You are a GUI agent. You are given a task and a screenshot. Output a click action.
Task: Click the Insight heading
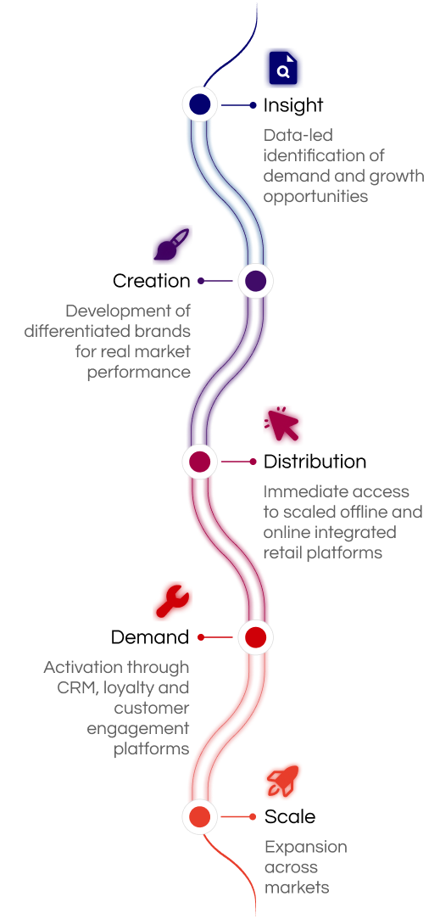pyautogui.click(x=293, y=105)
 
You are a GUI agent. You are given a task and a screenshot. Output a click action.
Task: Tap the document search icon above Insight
pyautogui.click(x=283, y=68)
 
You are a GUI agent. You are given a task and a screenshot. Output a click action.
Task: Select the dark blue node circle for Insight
pyautogui.click(x=200, y=105)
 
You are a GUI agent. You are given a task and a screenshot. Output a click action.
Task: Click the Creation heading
pyautogui.click(x=151, y=281)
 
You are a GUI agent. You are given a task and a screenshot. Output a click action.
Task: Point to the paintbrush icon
pyautogui.click(x=171, y=244)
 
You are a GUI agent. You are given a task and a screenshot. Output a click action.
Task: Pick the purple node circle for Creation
pyautogui.click(x=255, y=282)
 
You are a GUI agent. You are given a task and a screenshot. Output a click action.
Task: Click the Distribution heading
pyautogui.click(x=315, y=462)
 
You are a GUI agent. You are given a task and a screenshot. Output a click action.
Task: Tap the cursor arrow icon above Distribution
pyautogui.click(x=281, y=424)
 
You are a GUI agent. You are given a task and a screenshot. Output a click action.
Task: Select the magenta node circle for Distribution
pyautogui.click(x=200, y=462)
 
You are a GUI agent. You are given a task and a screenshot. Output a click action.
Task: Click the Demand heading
pyautogui.click(x=150, y=637)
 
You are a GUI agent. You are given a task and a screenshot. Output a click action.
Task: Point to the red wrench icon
pyautogui.click(x=172, y=602)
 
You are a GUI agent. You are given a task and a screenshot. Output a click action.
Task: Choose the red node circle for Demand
pyautogui.click(x=255, y=637)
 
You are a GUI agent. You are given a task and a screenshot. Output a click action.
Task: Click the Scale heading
pyautogui.click(x=289, y=816)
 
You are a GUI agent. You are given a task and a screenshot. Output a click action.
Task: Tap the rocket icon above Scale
pyautogui.click(x=283, y=781)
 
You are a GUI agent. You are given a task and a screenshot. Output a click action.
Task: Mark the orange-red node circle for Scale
pyautogui.click(x=200, y=816)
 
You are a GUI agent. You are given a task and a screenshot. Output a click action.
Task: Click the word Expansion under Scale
pyautogui.click(x=306, y=848)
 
